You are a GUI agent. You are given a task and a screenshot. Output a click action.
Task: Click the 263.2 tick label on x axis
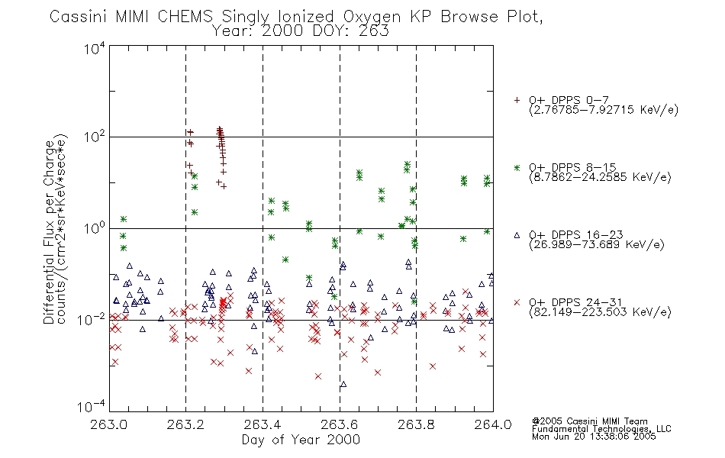pyautogui.click(x=185, y=424)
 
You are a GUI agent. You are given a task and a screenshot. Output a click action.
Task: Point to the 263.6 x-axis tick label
pyautogui.click(x=340, y=424)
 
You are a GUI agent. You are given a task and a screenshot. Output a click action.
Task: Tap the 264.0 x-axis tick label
pyautogui.click(x=493, y=424)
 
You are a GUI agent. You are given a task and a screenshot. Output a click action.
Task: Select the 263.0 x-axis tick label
pyautogui.click(x=108, y=424)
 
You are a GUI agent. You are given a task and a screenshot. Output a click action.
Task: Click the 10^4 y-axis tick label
pyautogui.click(x=95, y=48)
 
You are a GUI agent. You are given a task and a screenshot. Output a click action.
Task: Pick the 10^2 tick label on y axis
pyautogui.click(x=95, y=137)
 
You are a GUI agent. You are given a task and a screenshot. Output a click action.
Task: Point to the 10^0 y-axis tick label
pyautogui.click(x=95, y=228)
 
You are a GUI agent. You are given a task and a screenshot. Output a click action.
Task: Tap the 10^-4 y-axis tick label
pyautogui.click(x=92, y=407)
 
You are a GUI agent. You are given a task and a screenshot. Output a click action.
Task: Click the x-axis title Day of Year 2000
pyautogui.click(x=301, y=440)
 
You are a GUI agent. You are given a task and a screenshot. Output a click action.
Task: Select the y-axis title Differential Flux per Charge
pyautogui.click(x=49, y=232)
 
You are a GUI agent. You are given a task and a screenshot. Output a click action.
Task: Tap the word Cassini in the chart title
pyautogui.click(x=79, y=17)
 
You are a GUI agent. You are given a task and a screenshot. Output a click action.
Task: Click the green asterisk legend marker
pyautogui.click(x=517, y=168)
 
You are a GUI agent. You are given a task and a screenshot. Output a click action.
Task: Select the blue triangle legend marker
pyautogui.click(x=517, y=235)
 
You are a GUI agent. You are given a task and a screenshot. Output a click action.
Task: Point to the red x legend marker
pyautogui.click(x=517, y=302)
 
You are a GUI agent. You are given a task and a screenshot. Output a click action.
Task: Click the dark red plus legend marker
pyautogui.click(x=517, y=100)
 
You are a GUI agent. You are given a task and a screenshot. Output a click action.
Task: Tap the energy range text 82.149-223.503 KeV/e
pyautogui.click(x=600, y=312)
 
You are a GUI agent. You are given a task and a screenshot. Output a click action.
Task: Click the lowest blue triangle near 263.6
pyautogui.click(x=343, y=384)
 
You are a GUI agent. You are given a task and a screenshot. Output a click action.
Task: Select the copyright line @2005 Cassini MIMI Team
pyautogui.click(x=589, y=421)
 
